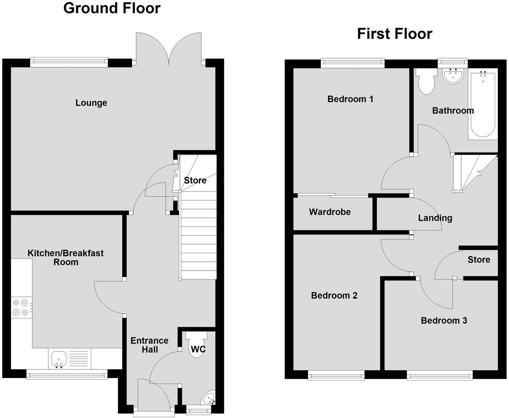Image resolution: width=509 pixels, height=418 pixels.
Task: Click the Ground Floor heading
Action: pos(112,8)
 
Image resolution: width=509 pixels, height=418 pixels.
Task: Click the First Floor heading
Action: pos(394,34)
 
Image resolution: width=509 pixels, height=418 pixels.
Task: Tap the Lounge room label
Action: pos(91,103)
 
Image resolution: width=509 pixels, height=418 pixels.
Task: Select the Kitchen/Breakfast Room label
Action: pos(66,257)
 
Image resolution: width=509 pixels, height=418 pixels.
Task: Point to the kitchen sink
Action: pos(59,359)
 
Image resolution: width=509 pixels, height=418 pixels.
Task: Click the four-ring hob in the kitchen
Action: pos(21,307)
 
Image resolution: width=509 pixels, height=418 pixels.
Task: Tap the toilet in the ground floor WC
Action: pos(196,344)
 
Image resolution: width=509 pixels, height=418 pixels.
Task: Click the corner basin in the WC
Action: pos(209,398)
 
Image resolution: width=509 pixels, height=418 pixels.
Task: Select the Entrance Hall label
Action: pos(149,345)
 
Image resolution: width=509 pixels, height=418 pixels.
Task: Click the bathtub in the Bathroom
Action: pos(483,103)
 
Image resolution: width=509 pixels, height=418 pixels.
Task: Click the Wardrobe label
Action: pos(330,212)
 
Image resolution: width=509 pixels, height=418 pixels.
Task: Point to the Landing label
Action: pos(435,218)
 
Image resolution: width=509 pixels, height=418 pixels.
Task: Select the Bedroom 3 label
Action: pos(444,320)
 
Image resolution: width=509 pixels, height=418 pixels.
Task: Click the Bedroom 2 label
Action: pos(334,295)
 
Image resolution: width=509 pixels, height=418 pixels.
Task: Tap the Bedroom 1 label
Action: pos(350,99)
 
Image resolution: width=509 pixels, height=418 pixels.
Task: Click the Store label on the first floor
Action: pos(479,260)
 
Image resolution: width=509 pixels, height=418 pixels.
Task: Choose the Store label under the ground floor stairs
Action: pos(195,180)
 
